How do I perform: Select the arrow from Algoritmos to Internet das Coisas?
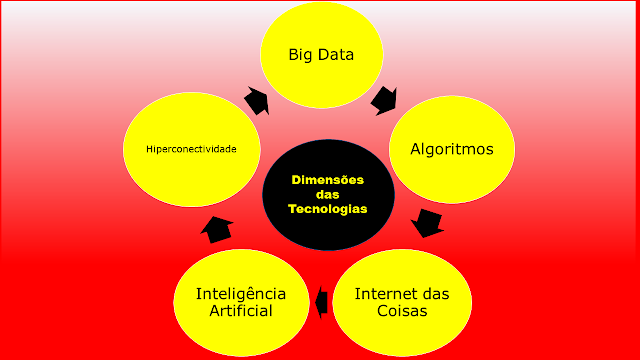coord(428,222)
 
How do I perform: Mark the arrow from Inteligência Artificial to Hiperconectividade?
coord(217,230)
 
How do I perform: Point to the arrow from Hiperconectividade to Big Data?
coord(255,100)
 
